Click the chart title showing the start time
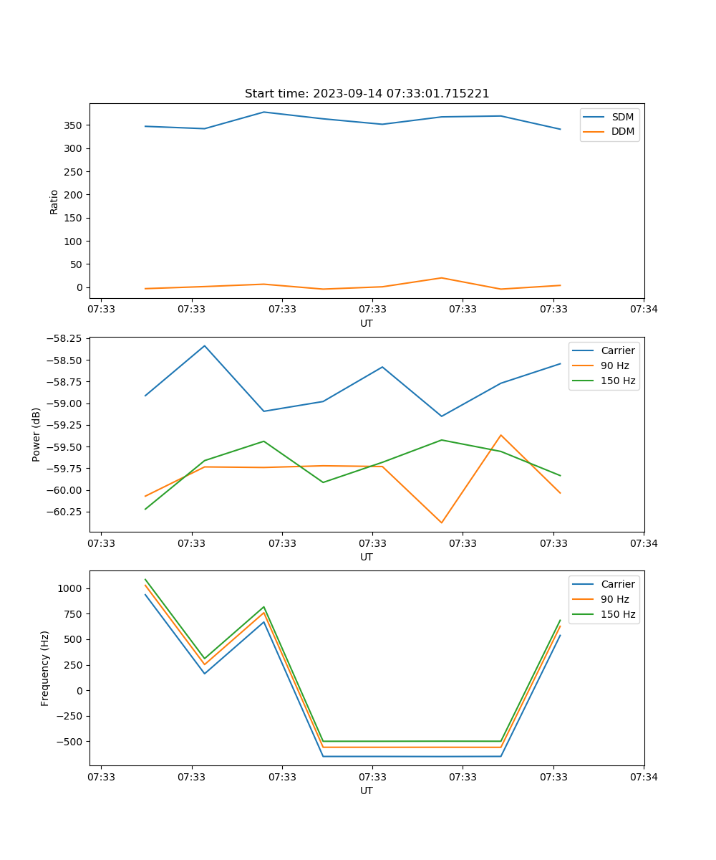[367, 94]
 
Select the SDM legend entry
[622, 117]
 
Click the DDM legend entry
[622, 131]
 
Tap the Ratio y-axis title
[54, 201]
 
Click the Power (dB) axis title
[37, 434]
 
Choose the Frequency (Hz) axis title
[45, 668]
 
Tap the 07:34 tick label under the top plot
[644, 309]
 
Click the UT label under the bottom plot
[367, 790]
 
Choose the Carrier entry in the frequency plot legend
[617, 584]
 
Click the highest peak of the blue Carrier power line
[205, 346]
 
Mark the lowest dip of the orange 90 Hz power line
[441, 522]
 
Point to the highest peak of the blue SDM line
[264, 112]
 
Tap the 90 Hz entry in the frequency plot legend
[615, 599]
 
